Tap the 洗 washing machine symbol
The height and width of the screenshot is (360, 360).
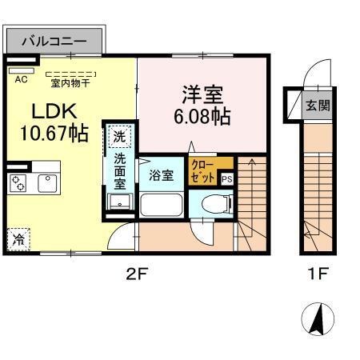(118, 136)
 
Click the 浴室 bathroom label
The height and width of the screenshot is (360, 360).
(162, 175)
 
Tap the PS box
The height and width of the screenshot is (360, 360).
(226, 179)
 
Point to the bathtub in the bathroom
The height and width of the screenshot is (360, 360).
(162, 205)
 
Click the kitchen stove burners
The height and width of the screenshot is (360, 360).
(18, 182)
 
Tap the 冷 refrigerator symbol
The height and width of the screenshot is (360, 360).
(18, 238)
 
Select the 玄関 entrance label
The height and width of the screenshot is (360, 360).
(318, 105)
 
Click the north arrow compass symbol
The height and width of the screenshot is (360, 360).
(318, 321)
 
